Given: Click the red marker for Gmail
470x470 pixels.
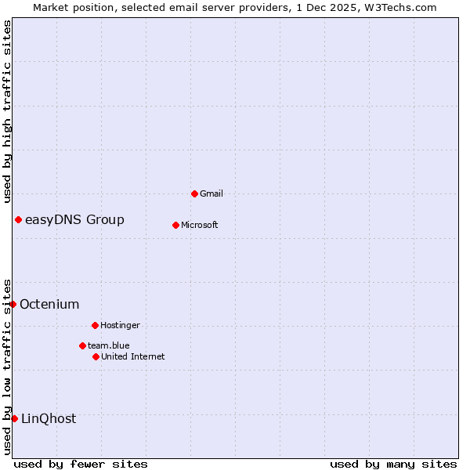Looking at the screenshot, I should point(194,193).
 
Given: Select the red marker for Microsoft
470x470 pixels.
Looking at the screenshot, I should point(176,225).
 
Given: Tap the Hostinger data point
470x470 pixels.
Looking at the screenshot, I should point(95,325).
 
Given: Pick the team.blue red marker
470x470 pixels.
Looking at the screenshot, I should point(82,345).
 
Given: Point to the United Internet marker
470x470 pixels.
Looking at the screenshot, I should point(96,356).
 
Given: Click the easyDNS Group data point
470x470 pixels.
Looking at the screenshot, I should point(18,219).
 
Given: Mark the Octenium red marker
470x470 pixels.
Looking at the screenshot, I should point(13,304).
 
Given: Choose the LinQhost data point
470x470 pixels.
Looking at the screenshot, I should point(14,418).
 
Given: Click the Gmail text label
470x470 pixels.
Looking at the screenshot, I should point(212,193).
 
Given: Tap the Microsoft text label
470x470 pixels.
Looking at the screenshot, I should point(200,225).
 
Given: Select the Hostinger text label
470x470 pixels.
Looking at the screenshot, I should point(120,325).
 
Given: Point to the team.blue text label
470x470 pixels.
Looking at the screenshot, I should point(109,345).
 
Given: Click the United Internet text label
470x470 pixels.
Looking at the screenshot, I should point(133,356).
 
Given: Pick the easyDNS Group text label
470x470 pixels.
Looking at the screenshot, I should point(74,219).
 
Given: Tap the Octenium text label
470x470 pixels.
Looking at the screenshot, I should point(49,304).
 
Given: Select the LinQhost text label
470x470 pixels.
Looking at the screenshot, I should point(49,418).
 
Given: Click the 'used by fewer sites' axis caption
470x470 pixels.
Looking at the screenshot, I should point(81,464).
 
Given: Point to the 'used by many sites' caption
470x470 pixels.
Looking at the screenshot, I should point(393,464).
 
